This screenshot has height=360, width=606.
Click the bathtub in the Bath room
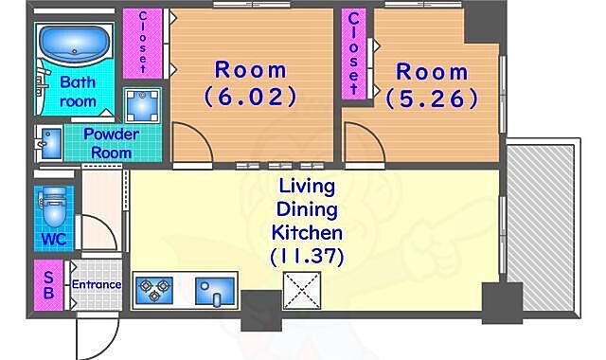(73, 43)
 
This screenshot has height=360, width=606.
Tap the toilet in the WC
(53, 207)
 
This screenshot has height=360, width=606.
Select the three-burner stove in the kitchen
(154, 290)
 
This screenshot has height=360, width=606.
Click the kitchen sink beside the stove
(215, 291)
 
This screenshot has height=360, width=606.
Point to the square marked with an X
(302, 291)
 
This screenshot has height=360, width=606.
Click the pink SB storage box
(48, 285)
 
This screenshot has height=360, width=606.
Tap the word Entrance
(97, 284)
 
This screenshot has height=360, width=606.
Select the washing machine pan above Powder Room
(142, 105)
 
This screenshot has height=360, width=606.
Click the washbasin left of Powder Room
(49, 143)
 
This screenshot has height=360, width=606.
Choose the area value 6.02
(250, 97)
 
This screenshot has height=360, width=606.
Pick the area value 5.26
(432, 99)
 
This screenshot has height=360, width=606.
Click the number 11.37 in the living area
(307, 257)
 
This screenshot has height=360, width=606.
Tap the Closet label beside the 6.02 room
(143, 43)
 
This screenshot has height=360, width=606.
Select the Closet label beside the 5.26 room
(353, 53)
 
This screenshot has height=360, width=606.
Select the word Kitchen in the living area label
(307, 233)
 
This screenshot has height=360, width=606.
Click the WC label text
(53, 240)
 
